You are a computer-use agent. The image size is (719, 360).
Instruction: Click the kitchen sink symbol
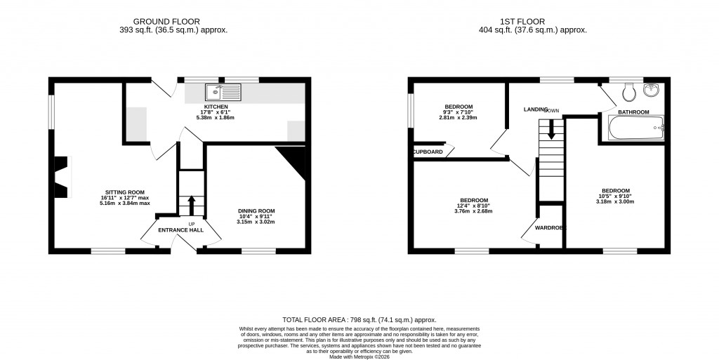[223, 91]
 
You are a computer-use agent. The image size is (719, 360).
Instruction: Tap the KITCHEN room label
[216, 107]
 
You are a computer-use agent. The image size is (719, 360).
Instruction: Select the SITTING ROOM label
[125, 192]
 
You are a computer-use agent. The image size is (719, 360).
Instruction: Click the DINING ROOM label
[256, 211]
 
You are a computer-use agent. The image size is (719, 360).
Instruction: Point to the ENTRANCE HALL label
[180, 229]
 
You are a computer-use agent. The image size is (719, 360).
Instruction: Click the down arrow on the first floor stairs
[551, 129]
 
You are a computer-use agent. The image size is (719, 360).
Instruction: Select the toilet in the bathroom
[629, 91]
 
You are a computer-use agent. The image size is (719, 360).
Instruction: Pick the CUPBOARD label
[428, 152]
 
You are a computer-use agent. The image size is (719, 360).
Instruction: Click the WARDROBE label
[550, 228]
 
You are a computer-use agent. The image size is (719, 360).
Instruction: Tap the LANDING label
[536, 109]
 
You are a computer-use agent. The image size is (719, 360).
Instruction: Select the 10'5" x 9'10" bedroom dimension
[615, 196]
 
